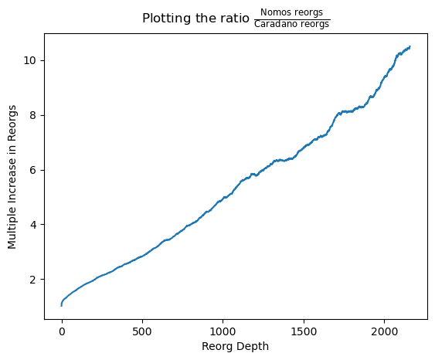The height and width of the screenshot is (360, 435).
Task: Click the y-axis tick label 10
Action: point(30,60)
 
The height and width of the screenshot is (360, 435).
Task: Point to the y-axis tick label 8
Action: point(33,115)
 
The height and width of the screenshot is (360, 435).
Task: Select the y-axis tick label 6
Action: point(33,170)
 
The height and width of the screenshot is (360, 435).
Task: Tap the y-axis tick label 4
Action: point(33,224)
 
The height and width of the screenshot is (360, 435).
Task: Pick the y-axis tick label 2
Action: point(33,280)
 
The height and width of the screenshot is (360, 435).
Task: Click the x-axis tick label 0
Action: point(62,331)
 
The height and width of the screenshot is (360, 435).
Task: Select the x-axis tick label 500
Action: point(142,331)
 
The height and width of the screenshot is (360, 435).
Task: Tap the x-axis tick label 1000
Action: point(223,331)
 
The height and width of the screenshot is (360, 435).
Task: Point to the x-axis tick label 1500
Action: point(304,331)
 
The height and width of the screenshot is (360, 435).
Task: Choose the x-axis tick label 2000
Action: point(385,331)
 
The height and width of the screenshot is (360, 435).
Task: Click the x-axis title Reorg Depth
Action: point(235,347)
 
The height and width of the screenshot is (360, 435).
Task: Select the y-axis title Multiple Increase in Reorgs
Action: point(12,177)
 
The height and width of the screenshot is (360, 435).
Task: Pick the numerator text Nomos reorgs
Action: point(291,12)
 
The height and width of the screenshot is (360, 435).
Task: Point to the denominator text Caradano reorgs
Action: point(291,25)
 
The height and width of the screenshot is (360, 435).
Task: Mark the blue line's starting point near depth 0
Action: point(61,306)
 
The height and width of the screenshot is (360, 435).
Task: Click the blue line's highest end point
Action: point(410,46)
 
